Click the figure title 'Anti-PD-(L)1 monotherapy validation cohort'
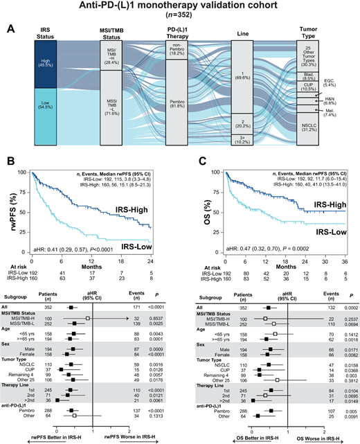(x=179, y=8)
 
